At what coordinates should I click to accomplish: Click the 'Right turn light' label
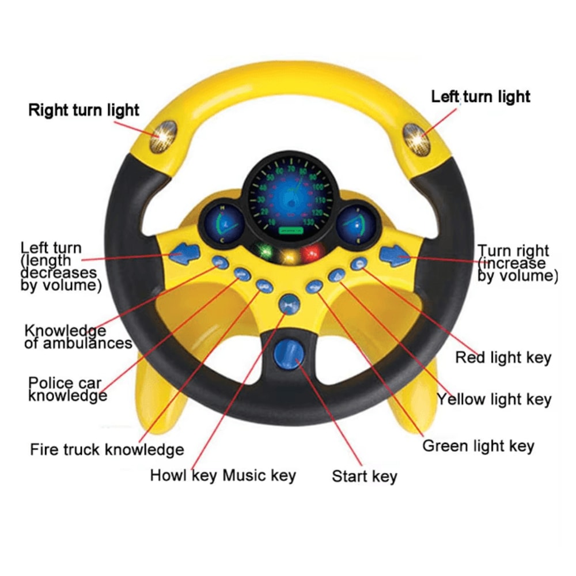point(84,109)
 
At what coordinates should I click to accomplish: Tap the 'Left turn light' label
point(480,96)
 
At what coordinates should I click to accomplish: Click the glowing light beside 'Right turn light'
point(164,136)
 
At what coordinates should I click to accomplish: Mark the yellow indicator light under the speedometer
point(290,254)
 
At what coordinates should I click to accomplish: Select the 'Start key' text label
point(364,476)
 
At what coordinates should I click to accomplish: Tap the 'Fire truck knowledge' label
point(107,449)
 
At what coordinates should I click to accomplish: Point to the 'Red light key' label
point(503,358)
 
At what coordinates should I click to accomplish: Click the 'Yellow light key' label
point(494,399)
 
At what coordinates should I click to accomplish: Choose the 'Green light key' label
point(478,446)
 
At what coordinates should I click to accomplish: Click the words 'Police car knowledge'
point(67,389)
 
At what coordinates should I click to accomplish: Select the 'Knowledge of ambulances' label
point(77,337)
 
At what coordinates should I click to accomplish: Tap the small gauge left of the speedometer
point(221,223)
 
